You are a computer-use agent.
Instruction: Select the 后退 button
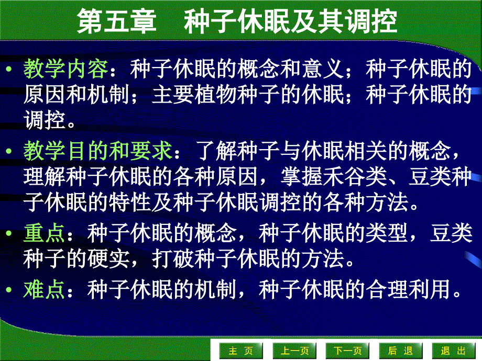tap(400, 351)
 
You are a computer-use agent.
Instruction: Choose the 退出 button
tap(453, 351)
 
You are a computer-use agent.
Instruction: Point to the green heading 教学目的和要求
tap(98, 152)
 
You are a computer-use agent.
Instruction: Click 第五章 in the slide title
tap(117, 22)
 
